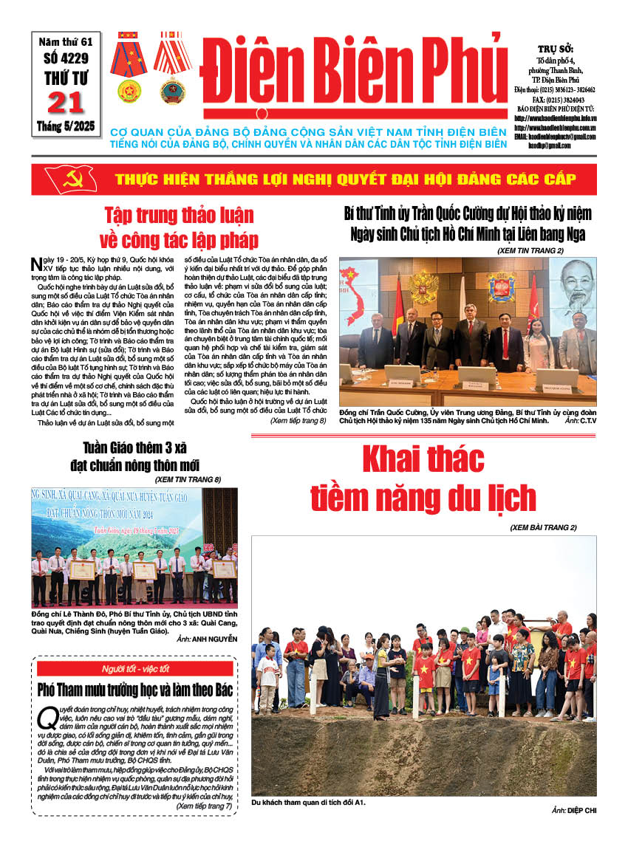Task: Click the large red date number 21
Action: click(x=66, y=103)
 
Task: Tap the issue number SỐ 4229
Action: click(x=66, y=60)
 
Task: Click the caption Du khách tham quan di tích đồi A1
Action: click(x=309, y=802)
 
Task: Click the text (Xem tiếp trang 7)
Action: click(x=204, y=806)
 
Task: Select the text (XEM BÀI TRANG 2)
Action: click(x=543, y=527)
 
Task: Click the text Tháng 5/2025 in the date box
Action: click(x=66, y=127)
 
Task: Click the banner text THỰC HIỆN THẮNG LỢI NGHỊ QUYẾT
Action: click(x=259, y=179)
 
